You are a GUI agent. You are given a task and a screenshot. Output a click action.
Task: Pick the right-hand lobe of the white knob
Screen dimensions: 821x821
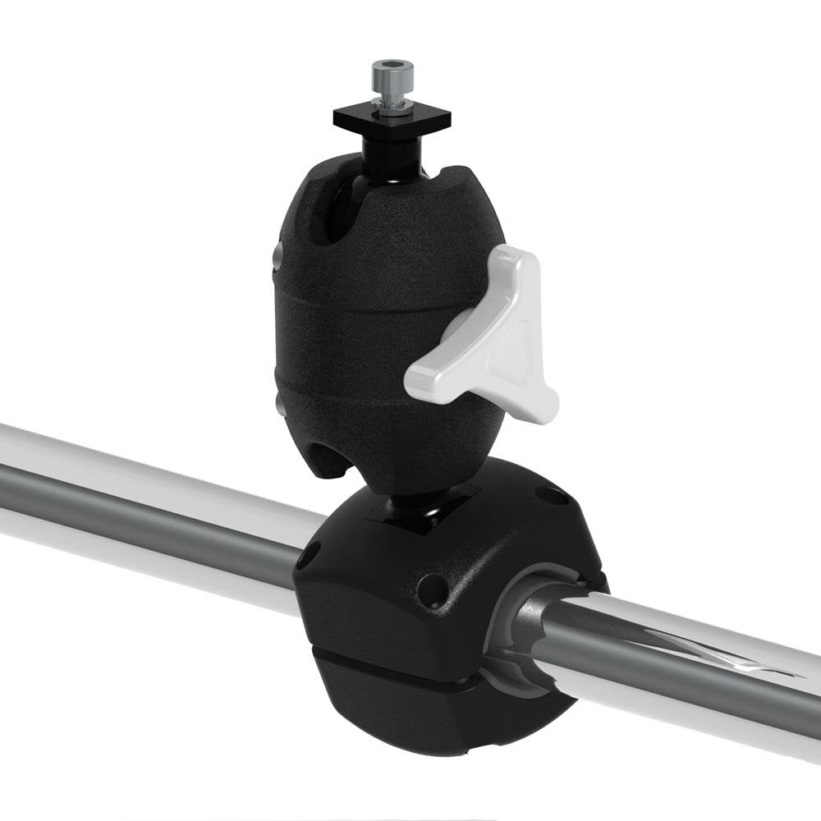[x=542, y=402]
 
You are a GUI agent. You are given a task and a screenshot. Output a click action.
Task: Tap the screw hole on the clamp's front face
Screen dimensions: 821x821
[x=432, y=589]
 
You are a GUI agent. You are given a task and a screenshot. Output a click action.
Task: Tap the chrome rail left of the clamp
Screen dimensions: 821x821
[x=148, y=501]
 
